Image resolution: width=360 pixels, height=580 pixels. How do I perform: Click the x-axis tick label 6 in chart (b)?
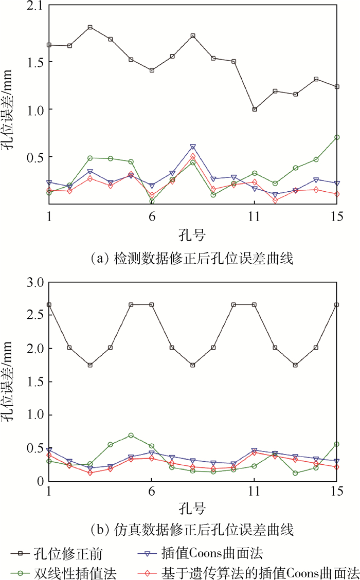152,491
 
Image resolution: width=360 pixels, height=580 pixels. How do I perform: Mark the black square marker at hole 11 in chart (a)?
254,109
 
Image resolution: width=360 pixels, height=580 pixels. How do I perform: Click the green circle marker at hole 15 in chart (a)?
336,137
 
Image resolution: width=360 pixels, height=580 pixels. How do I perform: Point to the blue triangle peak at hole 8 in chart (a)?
193,148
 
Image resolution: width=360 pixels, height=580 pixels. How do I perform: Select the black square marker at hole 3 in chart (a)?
90,27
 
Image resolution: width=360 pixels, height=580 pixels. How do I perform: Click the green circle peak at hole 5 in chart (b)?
131,436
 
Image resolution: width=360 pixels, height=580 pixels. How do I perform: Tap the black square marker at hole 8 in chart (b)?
193,365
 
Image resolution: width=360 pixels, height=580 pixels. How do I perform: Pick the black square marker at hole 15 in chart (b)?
336,304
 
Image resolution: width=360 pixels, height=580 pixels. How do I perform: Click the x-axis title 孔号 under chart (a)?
193,236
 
